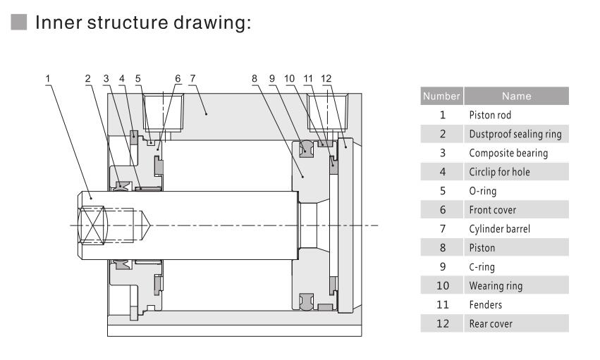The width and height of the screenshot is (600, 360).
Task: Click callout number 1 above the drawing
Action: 48,79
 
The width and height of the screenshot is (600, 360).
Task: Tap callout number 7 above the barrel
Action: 192,79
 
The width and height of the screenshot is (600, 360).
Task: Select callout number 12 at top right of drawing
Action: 326,79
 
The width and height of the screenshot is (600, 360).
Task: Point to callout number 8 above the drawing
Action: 255,79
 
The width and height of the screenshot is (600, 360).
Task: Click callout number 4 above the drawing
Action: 122,79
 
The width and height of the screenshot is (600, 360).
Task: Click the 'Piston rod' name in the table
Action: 490,115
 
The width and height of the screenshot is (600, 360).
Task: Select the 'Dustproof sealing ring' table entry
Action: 515,134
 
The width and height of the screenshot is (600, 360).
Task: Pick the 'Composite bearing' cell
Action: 508,154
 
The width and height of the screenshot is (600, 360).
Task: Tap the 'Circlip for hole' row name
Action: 499,172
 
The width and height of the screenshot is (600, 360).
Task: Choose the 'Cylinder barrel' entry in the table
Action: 499,229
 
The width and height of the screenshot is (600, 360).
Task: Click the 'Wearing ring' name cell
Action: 496,286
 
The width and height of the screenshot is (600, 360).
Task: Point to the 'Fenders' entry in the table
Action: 485,304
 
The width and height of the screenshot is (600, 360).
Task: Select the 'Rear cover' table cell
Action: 491,323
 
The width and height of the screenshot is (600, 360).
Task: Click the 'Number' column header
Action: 441,96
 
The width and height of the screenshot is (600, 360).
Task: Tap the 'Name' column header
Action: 516,96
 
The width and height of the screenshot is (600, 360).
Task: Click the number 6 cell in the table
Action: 442,210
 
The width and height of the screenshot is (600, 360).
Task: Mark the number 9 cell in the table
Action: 442,267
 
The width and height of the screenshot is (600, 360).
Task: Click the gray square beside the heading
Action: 19,22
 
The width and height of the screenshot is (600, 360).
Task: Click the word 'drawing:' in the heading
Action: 212,22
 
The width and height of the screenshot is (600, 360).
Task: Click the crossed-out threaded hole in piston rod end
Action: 92,225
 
